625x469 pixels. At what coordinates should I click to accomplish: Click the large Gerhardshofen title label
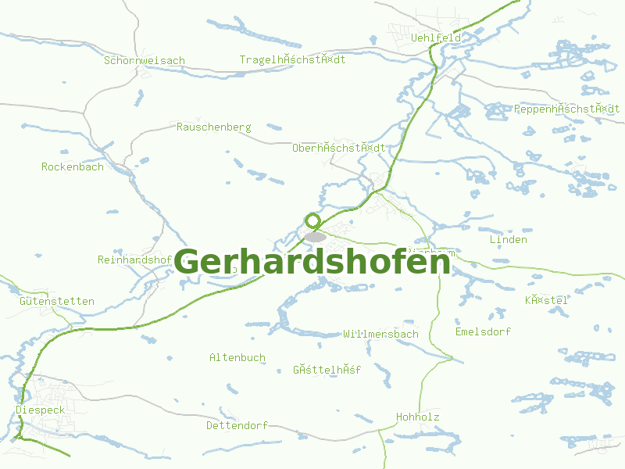tap(312, 263)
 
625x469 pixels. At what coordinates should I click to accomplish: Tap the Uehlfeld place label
tap(436, 38)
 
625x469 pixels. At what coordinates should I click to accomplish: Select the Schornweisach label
tap(145, 60)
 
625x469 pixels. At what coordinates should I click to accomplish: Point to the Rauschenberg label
tap(213, 127)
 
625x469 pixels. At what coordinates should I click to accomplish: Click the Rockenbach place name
tap(72, 166)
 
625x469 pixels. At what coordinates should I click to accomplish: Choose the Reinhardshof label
tap(134, 260)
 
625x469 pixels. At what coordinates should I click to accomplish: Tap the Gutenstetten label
tap(57, 301)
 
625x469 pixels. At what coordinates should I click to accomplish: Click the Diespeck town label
tap(39, 409)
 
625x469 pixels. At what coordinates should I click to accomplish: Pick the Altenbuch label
tap(237, 357)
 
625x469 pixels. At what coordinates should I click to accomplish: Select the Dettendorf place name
tap(237, 426)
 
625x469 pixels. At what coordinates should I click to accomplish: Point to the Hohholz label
tap(418, 417)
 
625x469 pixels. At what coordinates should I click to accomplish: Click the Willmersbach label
tap(380, 334)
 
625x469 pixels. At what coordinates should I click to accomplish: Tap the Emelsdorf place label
tap(483, 331)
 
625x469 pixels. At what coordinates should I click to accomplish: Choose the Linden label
tap(508, 240)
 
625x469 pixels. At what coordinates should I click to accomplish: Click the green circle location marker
tap(313, 220)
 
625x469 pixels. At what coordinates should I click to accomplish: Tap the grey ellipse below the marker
tap(316, 236)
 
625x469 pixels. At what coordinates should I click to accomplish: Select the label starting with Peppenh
tap(566, 109)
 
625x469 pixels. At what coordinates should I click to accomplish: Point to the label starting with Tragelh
tap(292, 60)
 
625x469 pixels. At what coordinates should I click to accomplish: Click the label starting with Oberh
tap(338, 147)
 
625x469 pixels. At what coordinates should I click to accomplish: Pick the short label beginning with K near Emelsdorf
tap(545, 300)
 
